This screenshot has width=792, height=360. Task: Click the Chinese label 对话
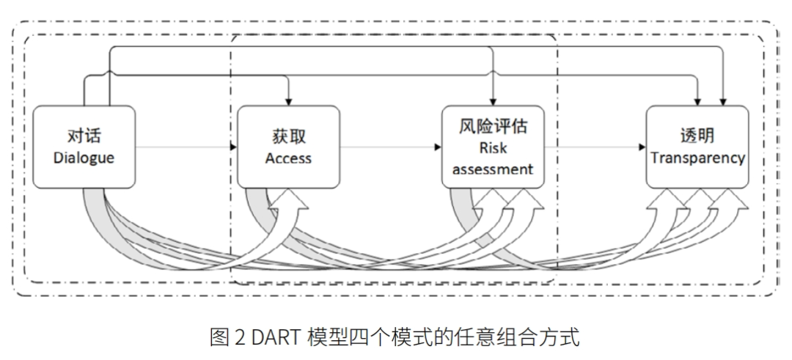(x=84, y=136)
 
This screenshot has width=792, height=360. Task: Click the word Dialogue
(x=84, y=157)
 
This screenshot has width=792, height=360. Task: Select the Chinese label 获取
(x=288, y=137)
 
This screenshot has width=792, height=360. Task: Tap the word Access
(x=288, y=158)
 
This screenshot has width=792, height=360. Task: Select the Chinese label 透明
(x=697, y=137)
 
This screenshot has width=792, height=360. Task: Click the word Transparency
(x=697, y=158)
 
